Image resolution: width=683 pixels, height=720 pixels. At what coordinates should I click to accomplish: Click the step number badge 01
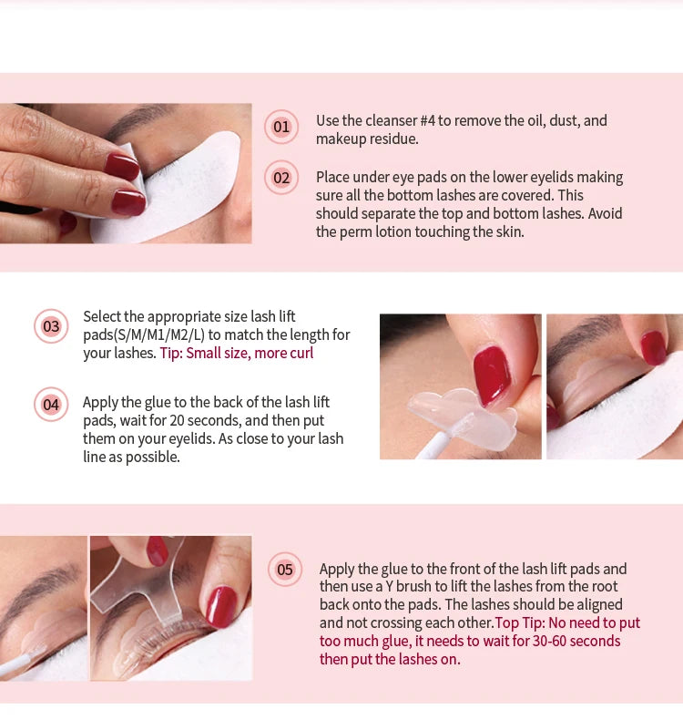[281, 127]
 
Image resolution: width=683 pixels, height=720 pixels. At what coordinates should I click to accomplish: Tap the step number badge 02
[281, 178]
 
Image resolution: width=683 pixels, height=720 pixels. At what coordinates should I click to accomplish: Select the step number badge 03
[51, 326]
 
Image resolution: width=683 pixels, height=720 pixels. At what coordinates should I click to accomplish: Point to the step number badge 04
[51, 404]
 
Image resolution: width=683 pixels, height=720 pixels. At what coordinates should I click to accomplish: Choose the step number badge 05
[285, 570]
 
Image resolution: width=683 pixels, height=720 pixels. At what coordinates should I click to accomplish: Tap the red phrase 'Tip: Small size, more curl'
[237, 353]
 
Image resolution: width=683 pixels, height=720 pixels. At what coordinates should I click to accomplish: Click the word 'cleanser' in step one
[376, 120]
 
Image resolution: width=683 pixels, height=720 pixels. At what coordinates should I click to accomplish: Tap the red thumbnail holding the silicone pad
[492, 374]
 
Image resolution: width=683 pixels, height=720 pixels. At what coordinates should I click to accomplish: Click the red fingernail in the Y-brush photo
[221, 606]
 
